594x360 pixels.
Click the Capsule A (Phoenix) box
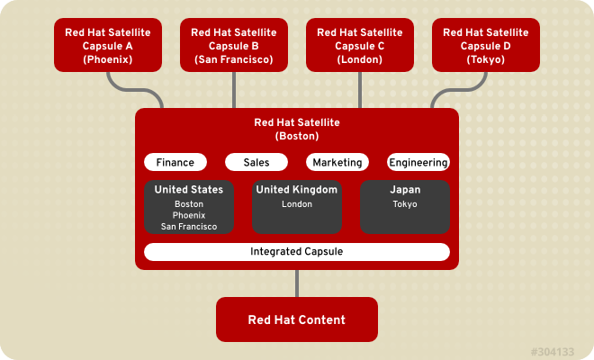coord(108,46)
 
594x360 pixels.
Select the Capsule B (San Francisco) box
coord(234,46)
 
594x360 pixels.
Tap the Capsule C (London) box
coord(360,46)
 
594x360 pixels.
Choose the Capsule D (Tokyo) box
coord(486,46)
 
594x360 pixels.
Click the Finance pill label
coord(175,163)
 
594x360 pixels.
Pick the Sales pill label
coord(256,163)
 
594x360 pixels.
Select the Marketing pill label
coord(337,163)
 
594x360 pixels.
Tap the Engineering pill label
coord(418,163)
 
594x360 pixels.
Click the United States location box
coord(189,207)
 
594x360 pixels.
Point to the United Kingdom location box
coord(297,207)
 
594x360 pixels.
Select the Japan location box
coord(405,207)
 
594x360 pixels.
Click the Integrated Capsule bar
coord(297,252)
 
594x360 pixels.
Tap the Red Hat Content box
coord(297,319)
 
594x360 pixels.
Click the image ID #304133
coord(552,349)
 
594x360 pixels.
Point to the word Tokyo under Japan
coord(405,204)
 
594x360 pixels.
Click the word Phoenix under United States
coord(189,215)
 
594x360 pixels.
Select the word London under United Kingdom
coord(297,204)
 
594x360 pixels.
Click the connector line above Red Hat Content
coord(297,283)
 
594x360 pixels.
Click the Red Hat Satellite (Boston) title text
coord(297,130)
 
